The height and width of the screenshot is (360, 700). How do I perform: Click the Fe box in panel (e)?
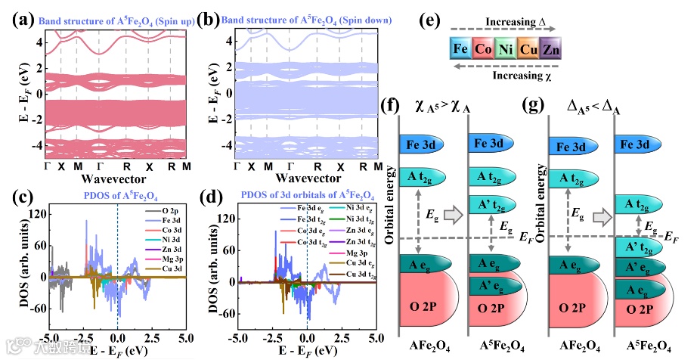point(459,51)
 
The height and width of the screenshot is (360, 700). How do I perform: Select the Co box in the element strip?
point(482,51)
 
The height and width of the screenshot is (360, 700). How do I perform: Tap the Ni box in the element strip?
point(504,51)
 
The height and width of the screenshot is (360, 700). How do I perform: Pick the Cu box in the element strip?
point(527,51)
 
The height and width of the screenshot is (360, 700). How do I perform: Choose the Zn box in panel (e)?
point(550,51)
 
